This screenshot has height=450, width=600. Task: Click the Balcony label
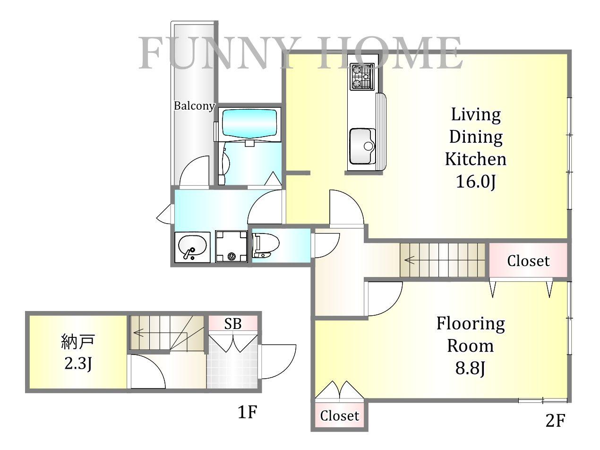(194, 106)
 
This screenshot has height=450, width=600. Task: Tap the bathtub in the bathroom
(249, 125)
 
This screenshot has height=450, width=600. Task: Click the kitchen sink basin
(362, 146)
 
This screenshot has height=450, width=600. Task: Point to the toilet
(266, 245)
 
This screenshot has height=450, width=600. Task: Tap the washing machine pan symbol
(231, 247)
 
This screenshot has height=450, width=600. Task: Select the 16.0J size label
(476, 182)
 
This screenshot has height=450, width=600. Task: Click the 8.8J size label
(470, 368)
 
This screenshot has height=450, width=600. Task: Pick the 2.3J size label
(78, 363)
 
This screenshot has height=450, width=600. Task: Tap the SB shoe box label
(233, 324)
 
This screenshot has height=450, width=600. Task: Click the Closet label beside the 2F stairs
(528, 261)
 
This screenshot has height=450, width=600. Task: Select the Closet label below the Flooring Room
(340, 416)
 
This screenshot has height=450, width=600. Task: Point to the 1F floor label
(248, 412)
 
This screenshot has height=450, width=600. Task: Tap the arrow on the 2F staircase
(410, 260)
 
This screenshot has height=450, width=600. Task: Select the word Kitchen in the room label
(476, 159)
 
